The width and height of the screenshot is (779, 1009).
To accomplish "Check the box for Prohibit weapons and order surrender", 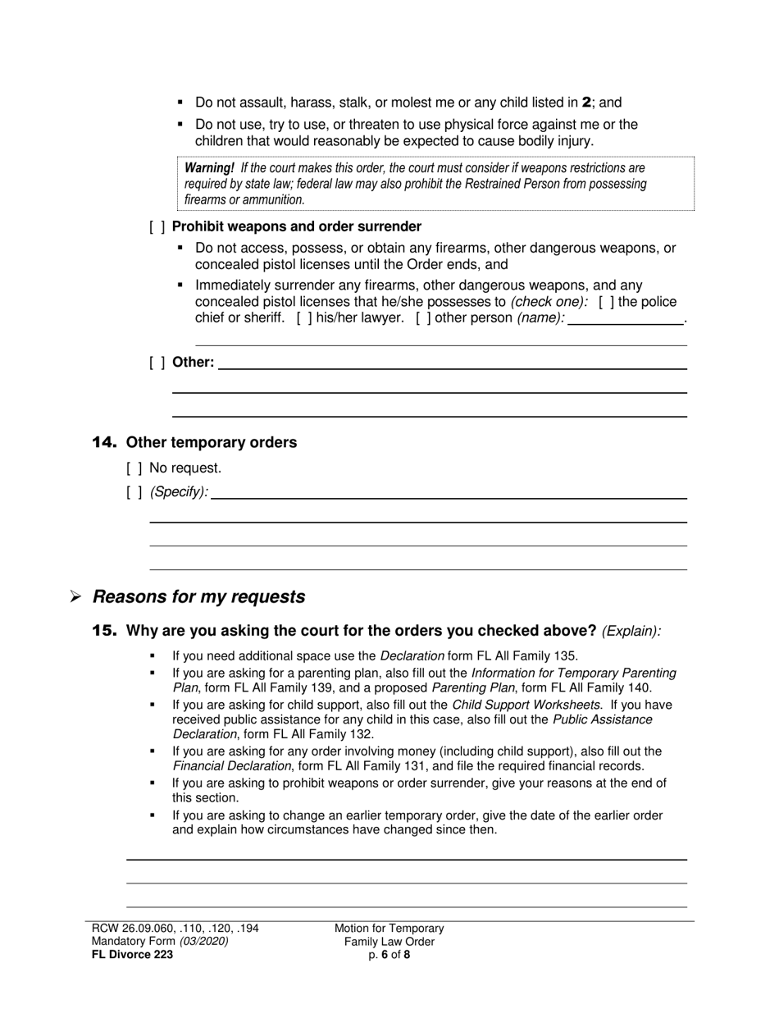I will click(157, 227).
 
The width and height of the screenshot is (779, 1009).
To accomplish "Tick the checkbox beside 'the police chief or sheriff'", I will click(606, 302).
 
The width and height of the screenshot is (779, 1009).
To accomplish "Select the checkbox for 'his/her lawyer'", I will click(303, 318).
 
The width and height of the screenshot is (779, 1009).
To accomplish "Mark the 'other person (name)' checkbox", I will click(423, 318).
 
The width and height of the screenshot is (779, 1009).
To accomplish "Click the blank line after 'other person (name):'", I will click(626, 319).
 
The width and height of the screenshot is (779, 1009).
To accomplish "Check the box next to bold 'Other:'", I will click(157, 363).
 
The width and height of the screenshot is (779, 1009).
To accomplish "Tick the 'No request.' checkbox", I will click(134, 468).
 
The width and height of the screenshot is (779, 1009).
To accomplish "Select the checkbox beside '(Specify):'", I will click(134, 493).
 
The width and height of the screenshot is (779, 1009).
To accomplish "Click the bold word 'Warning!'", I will click(209, 168).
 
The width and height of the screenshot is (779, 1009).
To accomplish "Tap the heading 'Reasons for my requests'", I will click(198, 597).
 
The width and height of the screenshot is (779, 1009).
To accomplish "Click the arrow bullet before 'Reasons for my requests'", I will click(75, 598).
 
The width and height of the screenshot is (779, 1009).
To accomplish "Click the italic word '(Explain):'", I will click(631, 632).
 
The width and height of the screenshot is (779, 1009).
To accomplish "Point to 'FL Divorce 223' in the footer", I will click(132, 954).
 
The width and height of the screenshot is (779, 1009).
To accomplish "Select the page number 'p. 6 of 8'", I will click(389, 954).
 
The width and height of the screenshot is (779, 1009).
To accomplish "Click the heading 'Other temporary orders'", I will click(211, 443).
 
